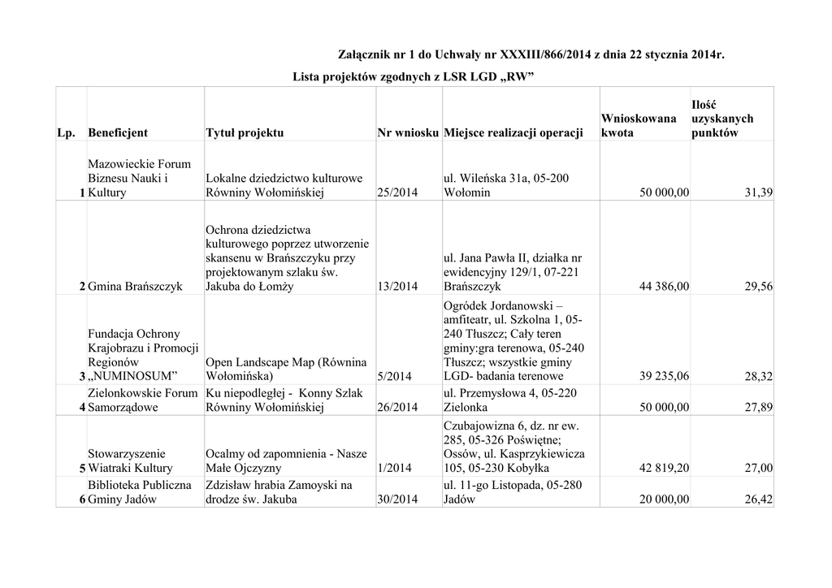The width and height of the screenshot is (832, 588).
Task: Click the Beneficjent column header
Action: coord(118,132)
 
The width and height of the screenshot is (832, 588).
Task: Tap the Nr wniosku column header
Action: coord(408,132)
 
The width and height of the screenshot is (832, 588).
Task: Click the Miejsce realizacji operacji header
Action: coord(513,132)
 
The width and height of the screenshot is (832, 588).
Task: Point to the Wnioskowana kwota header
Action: coord(639,125)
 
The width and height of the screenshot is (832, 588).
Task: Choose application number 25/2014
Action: coord(398,192)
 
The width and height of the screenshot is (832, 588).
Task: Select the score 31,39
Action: coord(758,192)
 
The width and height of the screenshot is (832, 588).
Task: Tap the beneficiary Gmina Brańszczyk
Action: coord(135,287)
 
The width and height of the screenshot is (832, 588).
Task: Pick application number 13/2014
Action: coord(398,287)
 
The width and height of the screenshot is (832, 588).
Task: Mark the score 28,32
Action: coord(758,376)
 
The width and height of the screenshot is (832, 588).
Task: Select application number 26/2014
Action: coord(398,407)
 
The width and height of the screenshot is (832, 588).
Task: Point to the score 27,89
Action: coord(758,407)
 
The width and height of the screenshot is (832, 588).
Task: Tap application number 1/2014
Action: coord(395,468)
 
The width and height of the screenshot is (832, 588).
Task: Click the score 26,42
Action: coord(758,499)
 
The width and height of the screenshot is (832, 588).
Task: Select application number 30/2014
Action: coord(398,499)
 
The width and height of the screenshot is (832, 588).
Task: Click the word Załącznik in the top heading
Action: coord(368,55)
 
